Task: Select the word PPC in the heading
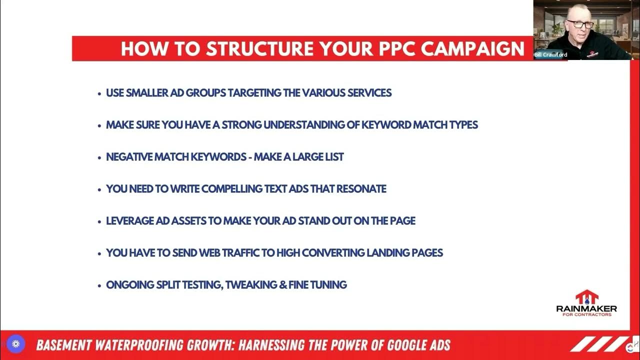click(x=393, y=49)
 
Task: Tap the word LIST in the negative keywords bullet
click(x=333, y=157)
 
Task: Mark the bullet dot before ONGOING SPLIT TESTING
click(x=99, y=285)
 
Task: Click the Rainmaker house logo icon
click(x=586, y=296)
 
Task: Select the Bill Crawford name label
click(x=550, y=55)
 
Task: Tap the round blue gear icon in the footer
click(x=15, y=344)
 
